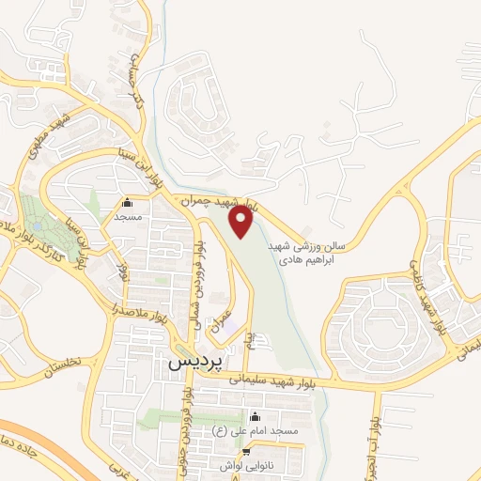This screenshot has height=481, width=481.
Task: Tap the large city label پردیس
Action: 198,361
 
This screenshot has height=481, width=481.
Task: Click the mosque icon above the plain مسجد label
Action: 128,202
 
